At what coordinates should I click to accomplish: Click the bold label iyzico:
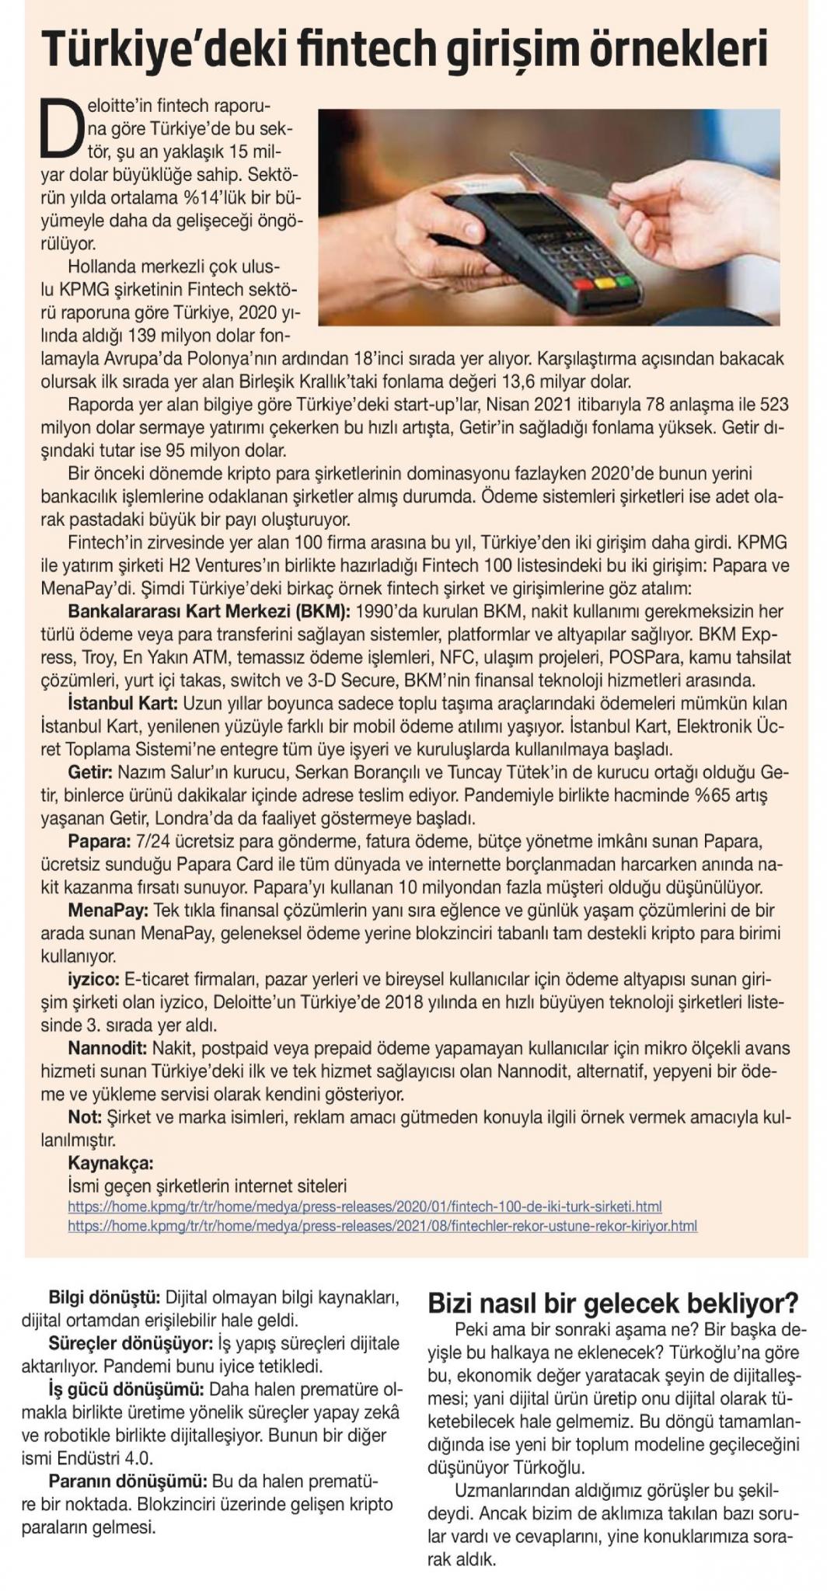pos(94,979)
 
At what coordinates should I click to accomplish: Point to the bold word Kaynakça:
pos(110,1164)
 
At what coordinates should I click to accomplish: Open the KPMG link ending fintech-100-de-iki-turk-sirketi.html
pos(365,1207)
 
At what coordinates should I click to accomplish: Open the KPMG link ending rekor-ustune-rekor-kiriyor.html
pos(382,1227)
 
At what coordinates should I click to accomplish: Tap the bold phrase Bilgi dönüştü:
pos(104,1298)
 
